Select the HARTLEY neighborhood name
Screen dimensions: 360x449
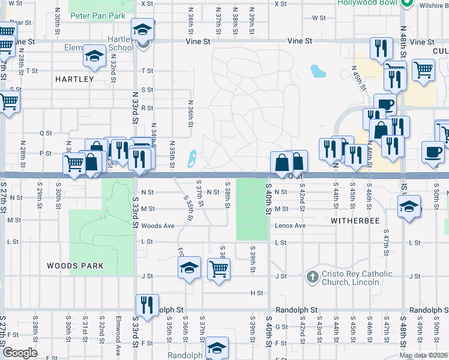(74, 79)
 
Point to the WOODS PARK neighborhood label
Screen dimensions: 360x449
(75, 265)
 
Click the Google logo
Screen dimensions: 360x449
(19, 353)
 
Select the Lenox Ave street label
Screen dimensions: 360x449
(291, 226)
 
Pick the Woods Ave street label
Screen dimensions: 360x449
(158, 226)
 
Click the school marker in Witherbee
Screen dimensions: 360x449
(409, 208)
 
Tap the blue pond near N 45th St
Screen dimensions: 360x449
(317, 71)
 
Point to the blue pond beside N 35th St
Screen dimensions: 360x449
(192, 159)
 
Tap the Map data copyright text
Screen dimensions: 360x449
(424, 355)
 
